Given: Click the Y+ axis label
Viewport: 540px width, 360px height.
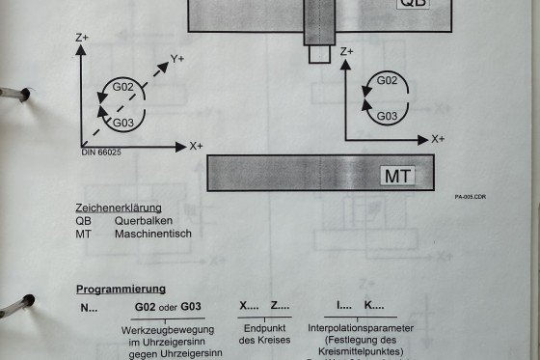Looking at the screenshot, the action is (177, 59).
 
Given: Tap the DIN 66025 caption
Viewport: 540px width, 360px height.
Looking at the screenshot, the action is (101, 152).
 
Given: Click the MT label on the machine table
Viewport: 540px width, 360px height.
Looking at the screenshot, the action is (397, 176).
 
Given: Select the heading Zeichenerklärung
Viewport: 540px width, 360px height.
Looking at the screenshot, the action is (119, 208).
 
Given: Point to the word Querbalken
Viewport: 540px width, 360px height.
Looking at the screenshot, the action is (144, 221).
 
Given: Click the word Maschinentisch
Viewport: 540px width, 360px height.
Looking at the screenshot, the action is (153, 234).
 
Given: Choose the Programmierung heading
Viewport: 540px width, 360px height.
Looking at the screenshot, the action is (121, 289).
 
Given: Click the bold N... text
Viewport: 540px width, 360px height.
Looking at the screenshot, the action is (89, 308).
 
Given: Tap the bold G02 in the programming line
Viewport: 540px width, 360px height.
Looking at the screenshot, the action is (145, 307).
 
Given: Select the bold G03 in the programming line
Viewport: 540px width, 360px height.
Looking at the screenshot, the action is (191, 306).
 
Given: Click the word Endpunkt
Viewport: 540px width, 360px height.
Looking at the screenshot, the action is (264, 328).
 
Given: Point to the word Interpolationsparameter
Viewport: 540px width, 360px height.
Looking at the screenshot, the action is (361, 328).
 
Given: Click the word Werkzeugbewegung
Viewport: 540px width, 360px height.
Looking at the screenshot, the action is (168, 330).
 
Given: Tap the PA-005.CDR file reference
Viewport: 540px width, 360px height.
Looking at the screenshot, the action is (471, 197).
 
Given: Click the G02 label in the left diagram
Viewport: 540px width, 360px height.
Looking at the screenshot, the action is (123, 87).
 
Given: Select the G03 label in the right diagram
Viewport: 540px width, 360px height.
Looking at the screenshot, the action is (387, 116).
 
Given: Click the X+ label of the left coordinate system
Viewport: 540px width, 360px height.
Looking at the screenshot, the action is (197, 146).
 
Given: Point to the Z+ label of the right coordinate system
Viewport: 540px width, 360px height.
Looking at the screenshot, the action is (347, 51).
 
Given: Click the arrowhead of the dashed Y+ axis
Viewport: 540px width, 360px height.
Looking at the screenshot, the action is (163, 68).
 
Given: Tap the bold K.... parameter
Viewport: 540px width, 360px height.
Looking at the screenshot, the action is (374, 305).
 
